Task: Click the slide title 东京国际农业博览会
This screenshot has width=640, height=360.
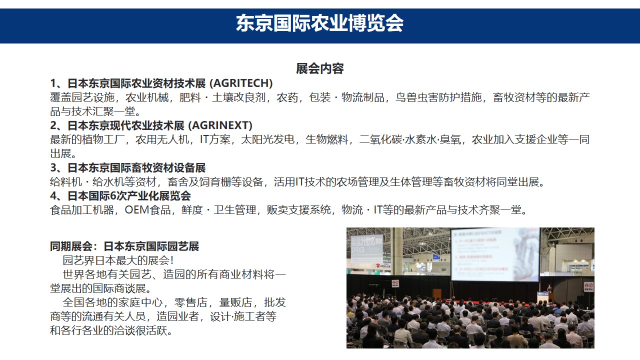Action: [319, 23]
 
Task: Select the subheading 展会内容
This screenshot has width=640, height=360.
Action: [319, 68]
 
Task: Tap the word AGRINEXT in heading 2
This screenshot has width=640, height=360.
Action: [220, 125]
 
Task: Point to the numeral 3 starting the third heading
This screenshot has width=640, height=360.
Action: [53, 167]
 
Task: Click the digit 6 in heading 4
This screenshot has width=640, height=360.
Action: [113, 196]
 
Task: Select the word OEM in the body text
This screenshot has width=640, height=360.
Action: [137, 210]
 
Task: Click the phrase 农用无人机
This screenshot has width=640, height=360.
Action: [162, 139]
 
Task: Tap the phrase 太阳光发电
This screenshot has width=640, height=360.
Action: [267, 139]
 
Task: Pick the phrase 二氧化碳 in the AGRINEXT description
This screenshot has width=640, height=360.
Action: [380, 139]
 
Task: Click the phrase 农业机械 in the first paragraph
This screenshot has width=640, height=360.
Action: [147, 97]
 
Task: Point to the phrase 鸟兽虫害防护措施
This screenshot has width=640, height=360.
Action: [438, 97]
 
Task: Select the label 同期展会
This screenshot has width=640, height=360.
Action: [71, 246]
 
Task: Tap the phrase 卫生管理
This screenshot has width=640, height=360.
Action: [235, 210]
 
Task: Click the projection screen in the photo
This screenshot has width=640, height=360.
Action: [495, 254]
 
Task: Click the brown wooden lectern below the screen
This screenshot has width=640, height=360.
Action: [436, 294]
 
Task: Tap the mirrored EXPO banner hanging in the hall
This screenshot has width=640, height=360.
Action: [366, 249]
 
